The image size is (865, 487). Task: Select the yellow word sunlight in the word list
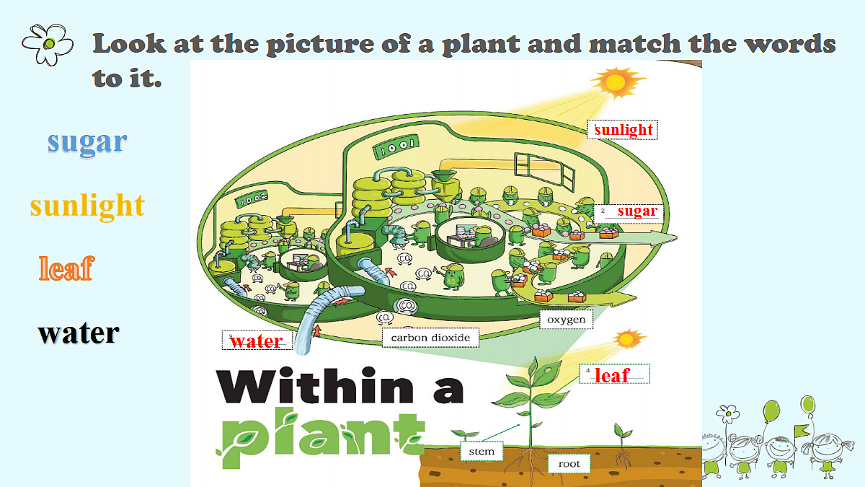pyautogui.click(x=88, y=206)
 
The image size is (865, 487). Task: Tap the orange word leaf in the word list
pyautogui.click(x=66, y=268)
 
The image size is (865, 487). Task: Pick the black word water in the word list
pyautogui.click(x=79, y=333)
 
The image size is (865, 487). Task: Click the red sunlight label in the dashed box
pyautogui.click(x=624, y=130)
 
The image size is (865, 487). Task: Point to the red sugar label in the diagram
pyautogui.click(x=637, y=211)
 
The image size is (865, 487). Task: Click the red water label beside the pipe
pyautogui.click(x=257, y=341)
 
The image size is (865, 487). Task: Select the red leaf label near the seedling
pyautogui.click(x=613, y=375)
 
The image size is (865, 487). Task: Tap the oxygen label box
pyautogui.click(x=566, y=320)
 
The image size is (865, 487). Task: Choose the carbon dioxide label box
pyautogui.click(x=430, y=338)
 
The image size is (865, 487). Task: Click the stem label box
pyautogui.click(x=482, y=451)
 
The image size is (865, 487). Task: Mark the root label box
pyautogui.click(x=569, y=463)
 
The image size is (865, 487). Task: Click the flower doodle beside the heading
pyautogui.click(x=48, y=44)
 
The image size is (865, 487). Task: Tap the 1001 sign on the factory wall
pyautogui.click(x=396, y=147)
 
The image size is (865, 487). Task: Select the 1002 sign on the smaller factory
pyautogui.click(x=252, y=198)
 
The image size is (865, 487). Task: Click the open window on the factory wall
pyautogui.click(x=544, y=171)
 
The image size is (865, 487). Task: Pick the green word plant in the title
pyautogui.click(x=321, y=436)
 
